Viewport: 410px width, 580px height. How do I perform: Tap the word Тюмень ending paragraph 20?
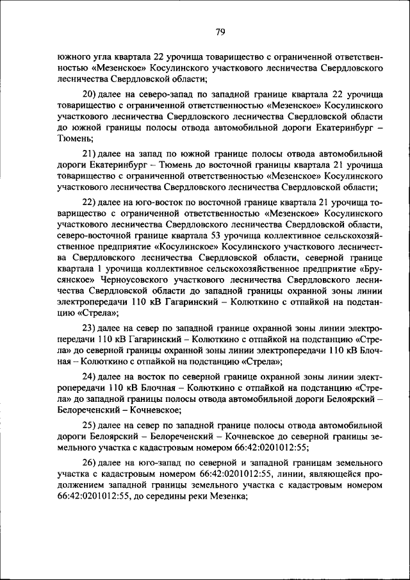click(75, 138)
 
